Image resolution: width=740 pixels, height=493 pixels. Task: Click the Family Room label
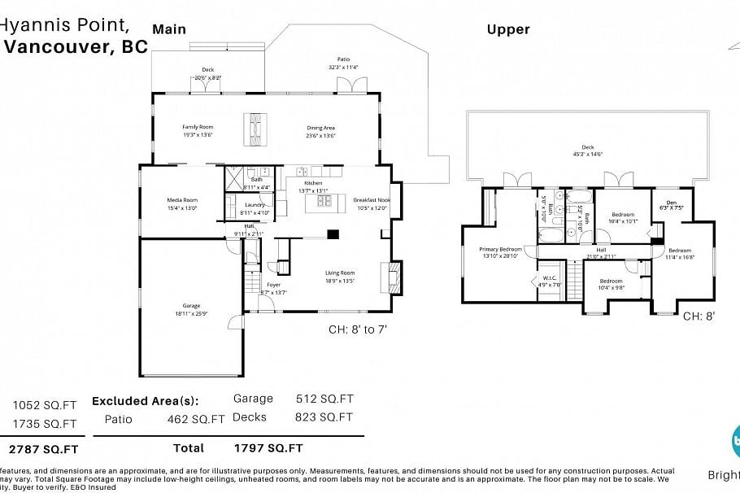coord(197,127)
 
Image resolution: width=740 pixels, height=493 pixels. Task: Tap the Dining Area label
coord(320,128)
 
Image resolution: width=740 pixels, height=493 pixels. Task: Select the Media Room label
coord(182,200)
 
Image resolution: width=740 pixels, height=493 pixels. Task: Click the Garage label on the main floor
coord(191,306)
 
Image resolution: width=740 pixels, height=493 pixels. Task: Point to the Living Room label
coord(340,273)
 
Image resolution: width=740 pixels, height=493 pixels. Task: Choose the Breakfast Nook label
coord(372,199)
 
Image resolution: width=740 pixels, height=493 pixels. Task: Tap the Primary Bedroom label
coord(500,249)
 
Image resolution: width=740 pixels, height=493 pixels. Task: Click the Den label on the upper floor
coord(671,203)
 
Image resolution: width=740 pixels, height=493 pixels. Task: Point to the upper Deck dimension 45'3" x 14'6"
coord(586,153)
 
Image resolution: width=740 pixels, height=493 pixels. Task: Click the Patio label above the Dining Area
coord(343,59)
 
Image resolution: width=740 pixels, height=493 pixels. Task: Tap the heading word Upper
coord(508,29)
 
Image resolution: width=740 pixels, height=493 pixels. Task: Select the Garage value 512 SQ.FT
coord(324,399)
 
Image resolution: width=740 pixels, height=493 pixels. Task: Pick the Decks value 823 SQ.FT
coord(324,417)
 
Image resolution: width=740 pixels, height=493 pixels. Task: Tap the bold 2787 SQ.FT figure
coord(43,448)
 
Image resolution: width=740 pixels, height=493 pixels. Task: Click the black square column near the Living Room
coord(333,235)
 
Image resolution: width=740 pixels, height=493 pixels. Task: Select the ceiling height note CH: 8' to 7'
coord(361,329)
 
